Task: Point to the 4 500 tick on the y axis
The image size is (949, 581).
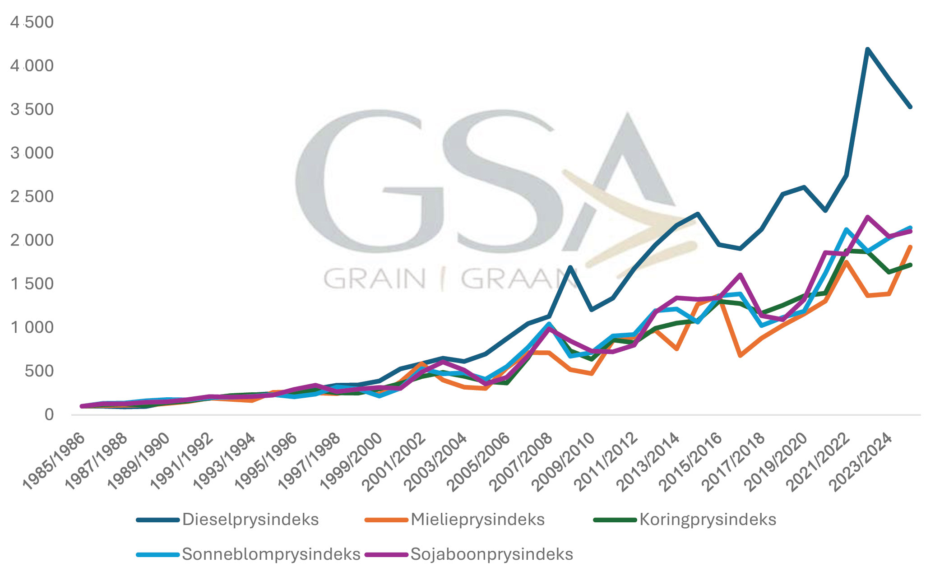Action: point(32,22)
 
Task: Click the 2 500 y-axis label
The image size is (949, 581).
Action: point(32,197)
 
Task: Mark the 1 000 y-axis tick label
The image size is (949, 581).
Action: point(32,327)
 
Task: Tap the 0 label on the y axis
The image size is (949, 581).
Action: point(49,414)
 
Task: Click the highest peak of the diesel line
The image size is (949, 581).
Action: point(867,49)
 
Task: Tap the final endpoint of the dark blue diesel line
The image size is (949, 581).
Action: point(910,107)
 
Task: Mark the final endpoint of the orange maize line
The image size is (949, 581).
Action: point(910,247)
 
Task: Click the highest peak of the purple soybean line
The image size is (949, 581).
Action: point(867,217)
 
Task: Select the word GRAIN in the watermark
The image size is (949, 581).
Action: point(375,279)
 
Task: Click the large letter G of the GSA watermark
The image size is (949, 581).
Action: point(361,181)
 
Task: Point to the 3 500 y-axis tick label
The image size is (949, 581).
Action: point(32,109)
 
